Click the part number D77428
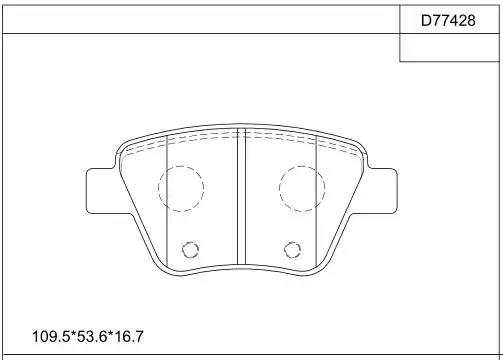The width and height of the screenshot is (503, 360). [x=448, y=21]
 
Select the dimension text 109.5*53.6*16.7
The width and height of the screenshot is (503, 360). [x=88, y=336]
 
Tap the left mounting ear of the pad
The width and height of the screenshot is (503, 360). [x=100, y=191]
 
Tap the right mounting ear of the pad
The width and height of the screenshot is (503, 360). [x=383, y=191]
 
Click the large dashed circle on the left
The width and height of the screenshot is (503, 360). [x=159, y=189]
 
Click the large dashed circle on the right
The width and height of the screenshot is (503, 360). [x=279, y=189]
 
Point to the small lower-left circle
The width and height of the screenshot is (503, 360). [x=182, y=250]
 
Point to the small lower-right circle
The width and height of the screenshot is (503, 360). [x=284, y=250]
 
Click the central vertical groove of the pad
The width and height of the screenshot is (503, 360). [x=241, y=196]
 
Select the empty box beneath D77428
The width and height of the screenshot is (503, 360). [x=449, y=47]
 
